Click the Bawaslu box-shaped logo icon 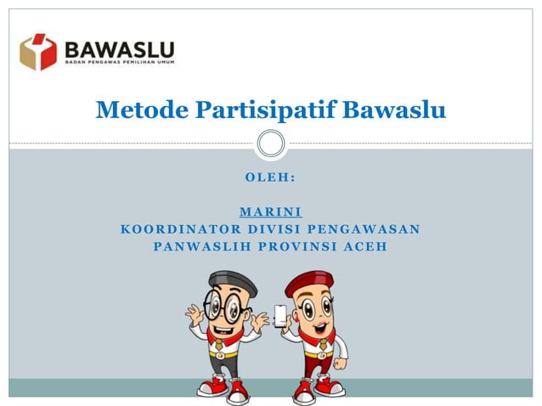[38, 52]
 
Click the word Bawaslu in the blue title [403, 110]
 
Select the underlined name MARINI [270, 211]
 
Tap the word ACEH [365, 246]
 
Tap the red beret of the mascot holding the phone [308, 281]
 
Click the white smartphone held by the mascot [280, 315]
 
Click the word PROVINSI [291, 246]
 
